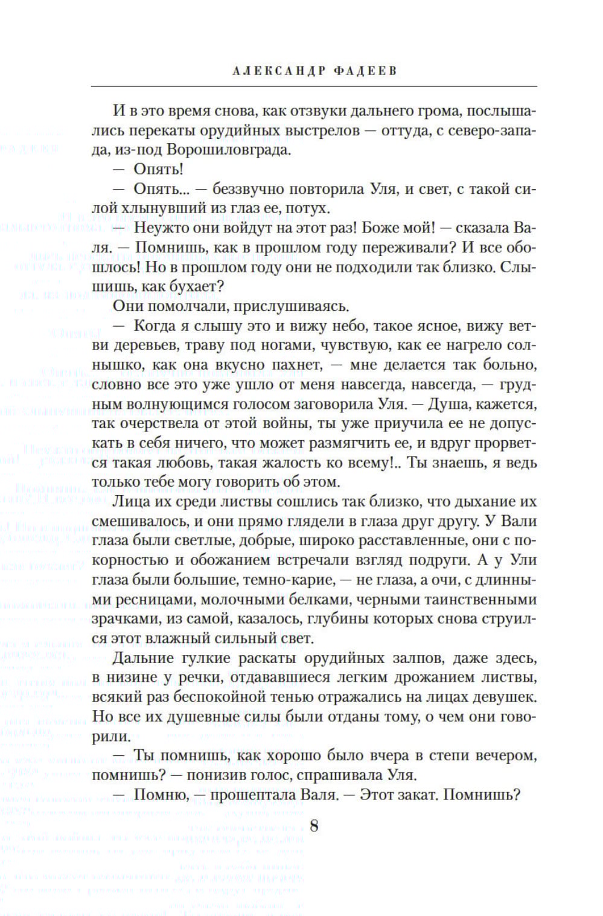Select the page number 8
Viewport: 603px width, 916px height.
(x=314, y=825)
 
